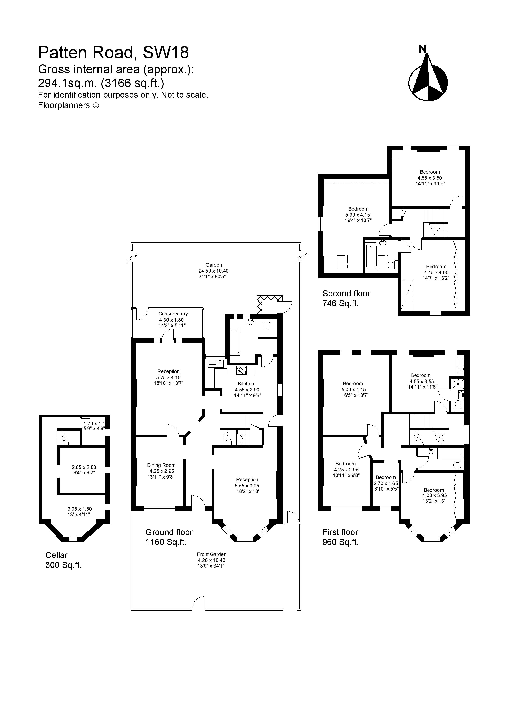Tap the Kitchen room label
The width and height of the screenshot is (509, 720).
(246, 384)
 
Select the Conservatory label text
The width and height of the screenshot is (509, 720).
(173, 314)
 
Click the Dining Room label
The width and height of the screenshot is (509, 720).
(161, 465)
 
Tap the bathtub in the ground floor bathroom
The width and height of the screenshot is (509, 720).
(234, 342)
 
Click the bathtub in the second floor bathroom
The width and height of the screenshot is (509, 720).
(371, 257)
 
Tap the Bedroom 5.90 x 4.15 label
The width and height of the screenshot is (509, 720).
(358, 209)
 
